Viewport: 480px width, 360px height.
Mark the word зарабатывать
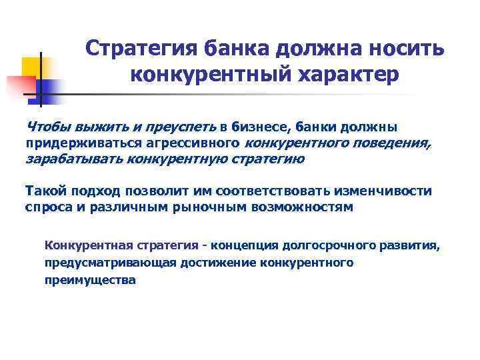71,159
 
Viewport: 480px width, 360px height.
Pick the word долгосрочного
331,245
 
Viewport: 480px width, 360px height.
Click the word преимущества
90,280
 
